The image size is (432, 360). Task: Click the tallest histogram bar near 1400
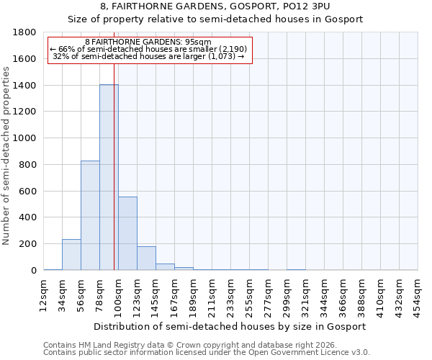[x=109, y=177]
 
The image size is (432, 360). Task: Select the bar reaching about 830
[x=90, y=215]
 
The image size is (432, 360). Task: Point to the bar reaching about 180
[x=146, y=258]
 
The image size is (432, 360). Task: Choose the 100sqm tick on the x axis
[x=118, y=294]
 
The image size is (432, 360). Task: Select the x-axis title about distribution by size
[x=230, y=326]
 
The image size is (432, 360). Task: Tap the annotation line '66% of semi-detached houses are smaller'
[x=149, y=49]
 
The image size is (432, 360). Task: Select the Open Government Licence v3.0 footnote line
[x=207, y=353]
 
